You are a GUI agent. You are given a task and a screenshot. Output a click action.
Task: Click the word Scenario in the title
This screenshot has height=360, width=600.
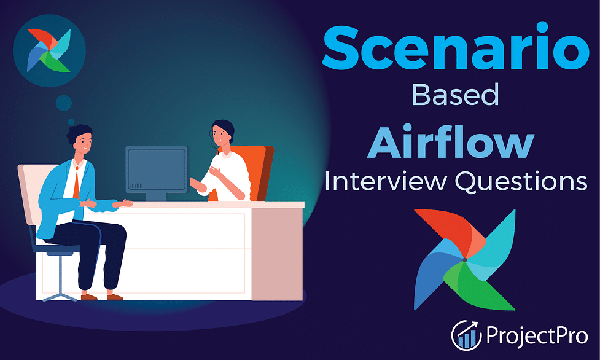point(455,47)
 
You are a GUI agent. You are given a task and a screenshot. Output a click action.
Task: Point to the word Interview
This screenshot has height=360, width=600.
point(385,181)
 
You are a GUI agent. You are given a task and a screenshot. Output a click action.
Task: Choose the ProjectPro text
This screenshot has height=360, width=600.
point(537,335)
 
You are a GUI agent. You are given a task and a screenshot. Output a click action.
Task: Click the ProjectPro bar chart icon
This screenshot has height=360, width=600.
point(467,335)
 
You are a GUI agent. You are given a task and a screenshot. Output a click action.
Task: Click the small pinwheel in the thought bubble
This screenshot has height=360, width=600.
point(49,50)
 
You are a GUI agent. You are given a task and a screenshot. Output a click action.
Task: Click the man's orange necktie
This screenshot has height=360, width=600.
point(76,182)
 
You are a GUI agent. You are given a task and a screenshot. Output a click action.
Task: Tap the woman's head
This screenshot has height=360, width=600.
point(222,133)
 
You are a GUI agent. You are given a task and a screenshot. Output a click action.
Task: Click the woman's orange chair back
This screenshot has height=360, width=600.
point(256,173)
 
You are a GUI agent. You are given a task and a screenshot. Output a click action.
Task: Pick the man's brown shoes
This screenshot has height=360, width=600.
point(102,297)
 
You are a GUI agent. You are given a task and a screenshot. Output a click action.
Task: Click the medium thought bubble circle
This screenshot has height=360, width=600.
point(63,103)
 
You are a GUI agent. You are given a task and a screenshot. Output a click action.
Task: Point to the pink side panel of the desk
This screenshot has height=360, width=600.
point(276,254)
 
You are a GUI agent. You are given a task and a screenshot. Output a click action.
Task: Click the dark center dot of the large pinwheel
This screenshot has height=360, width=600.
point(464,260)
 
